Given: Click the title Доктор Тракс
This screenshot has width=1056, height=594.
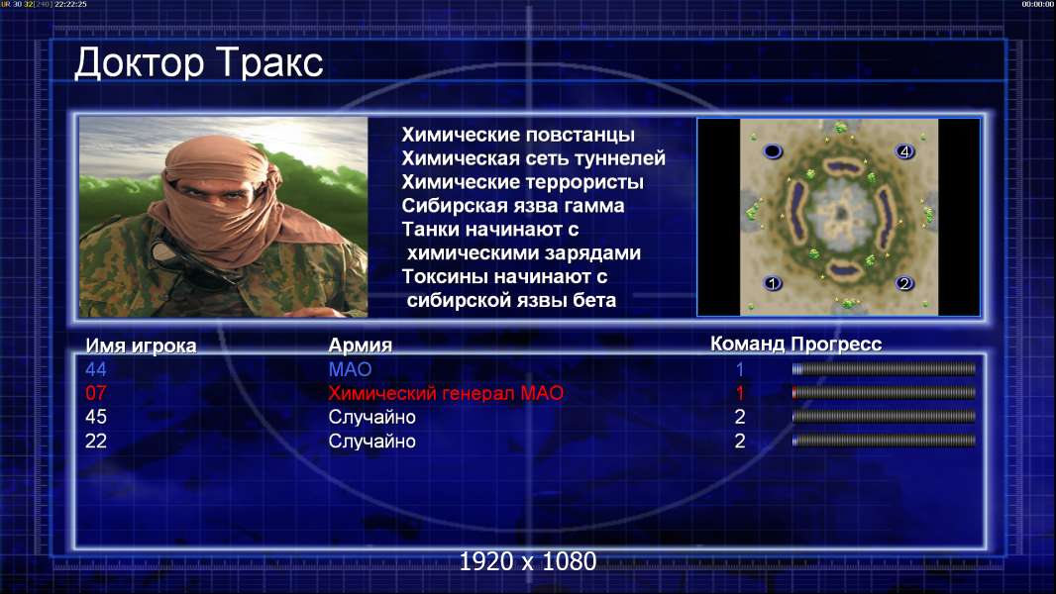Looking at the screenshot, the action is pyautogui.click(x=199, y=63).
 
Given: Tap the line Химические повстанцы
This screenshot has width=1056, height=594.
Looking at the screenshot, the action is pyautogui.click(x=518, y=135).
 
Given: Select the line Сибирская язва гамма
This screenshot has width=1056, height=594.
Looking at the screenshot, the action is pyautogui.click(x=513, y=206).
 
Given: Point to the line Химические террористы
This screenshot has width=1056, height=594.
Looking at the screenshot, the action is pyautogui.click(x=523, y=182).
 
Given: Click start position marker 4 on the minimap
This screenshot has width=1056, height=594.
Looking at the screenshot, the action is pyautogui.click(x=904, y=151).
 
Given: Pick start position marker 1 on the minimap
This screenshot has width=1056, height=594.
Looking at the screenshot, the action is pyautogui.click(x=773, y=283).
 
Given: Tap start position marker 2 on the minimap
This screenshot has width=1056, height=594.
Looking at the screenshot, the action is pyautogui.click(x=904, y=283).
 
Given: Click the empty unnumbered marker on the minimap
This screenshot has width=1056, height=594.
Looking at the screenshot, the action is pyautogui.click(x=773, y=151).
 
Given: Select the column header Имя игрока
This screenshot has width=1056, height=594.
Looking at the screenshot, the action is pyautogui.click(x=141, y=346).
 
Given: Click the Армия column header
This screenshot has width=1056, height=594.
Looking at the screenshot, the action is pyautogui.click(x=361, y=346).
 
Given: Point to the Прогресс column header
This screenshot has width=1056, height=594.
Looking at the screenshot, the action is pyautogui.click(x=836, y=345).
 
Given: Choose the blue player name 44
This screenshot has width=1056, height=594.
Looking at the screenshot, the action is pyautogui.click(x=96, y=369).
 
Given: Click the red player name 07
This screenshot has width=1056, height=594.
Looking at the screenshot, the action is pyautogui.click(x=96, y=393).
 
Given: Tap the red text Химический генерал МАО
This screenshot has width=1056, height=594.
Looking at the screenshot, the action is pyautogui.click(x=446, y=394).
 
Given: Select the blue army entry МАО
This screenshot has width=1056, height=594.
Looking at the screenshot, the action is pyautogui.click(x=351, y=369).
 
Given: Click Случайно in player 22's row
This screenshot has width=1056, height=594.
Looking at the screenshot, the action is pyautogui.click(x=371, y=442).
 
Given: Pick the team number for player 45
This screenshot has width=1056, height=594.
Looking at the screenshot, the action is pyautogui.click(x=739, y=417).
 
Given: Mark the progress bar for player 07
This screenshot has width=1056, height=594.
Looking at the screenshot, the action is pyautogui.click(x=884, y=393).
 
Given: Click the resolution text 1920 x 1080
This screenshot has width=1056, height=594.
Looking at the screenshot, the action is pyautogui.click(x=528, y=561).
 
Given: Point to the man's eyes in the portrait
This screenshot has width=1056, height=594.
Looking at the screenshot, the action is pyautogui.click(x=213, y=193).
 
